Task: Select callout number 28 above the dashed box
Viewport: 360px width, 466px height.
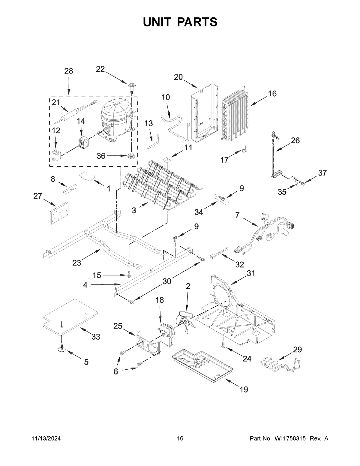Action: point(69,71)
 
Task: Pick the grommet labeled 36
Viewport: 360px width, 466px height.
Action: point(131,156)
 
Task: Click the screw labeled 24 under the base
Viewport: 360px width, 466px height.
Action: point(223,346)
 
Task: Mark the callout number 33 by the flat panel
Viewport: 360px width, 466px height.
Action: point(95,337)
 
